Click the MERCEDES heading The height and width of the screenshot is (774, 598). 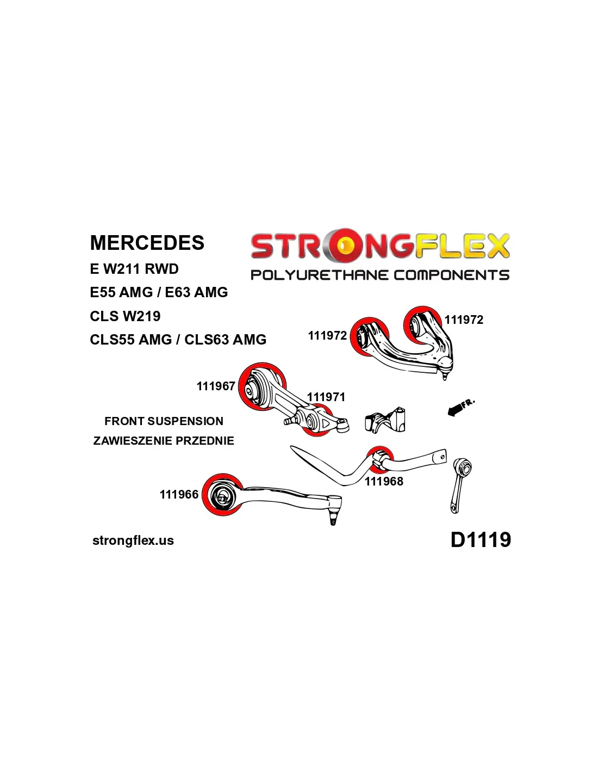tap(147, 243)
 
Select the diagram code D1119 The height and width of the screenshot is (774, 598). tap(481, 539)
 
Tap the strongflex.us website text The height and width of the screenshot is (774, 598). tap(133, 540)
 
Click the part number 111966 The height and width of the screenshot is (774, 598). tap(179, 494)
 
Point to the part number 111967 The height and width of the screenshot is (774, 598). tap(216, 386)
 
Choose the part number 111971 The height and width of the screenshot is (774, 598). tap(326, 397)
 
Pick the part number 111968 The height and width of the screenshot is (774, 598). tap(384, 481)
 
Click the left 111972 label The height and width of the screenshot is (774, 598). tap(327, 335)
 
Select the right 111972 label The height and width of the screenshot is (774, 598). tap(464, 320)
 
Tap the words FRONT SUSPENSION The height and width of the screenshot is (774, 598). tap(164, 421)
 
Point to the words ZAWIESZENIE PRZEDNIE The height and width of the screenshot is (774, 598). tap(164, 440)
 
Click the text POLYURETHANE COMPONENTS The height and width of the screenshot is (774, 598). tap(379, 275)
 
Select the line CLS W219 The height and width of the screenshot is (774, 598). tap(125, 316)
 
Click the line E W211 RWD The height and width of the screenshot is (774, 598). tap(134, 269)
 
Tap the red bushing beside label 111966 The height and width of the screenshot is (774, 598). tap(222, 495)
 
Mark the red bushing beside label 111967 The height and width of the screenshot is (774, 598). tap(261, 386)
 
